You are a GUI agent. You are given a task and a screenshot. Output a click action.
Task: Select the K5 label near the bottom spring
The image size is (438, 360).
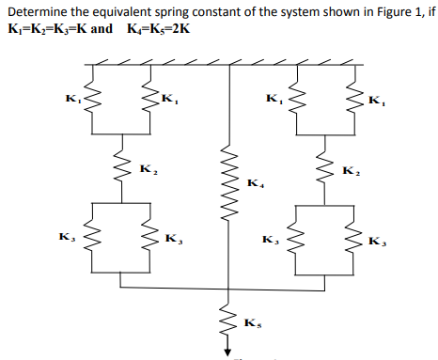tap(251, 324)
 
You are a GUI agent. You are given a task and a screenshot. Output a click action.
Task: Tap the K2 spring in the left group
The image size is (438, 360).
tap(121, 169)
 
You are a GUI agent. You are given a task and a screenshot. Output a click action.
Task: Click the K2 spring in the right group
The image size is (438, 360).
tap(326, 169)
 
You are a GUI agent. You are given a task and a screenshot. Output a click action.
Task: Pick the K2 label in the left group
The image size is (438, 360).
tap(147, 169)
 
